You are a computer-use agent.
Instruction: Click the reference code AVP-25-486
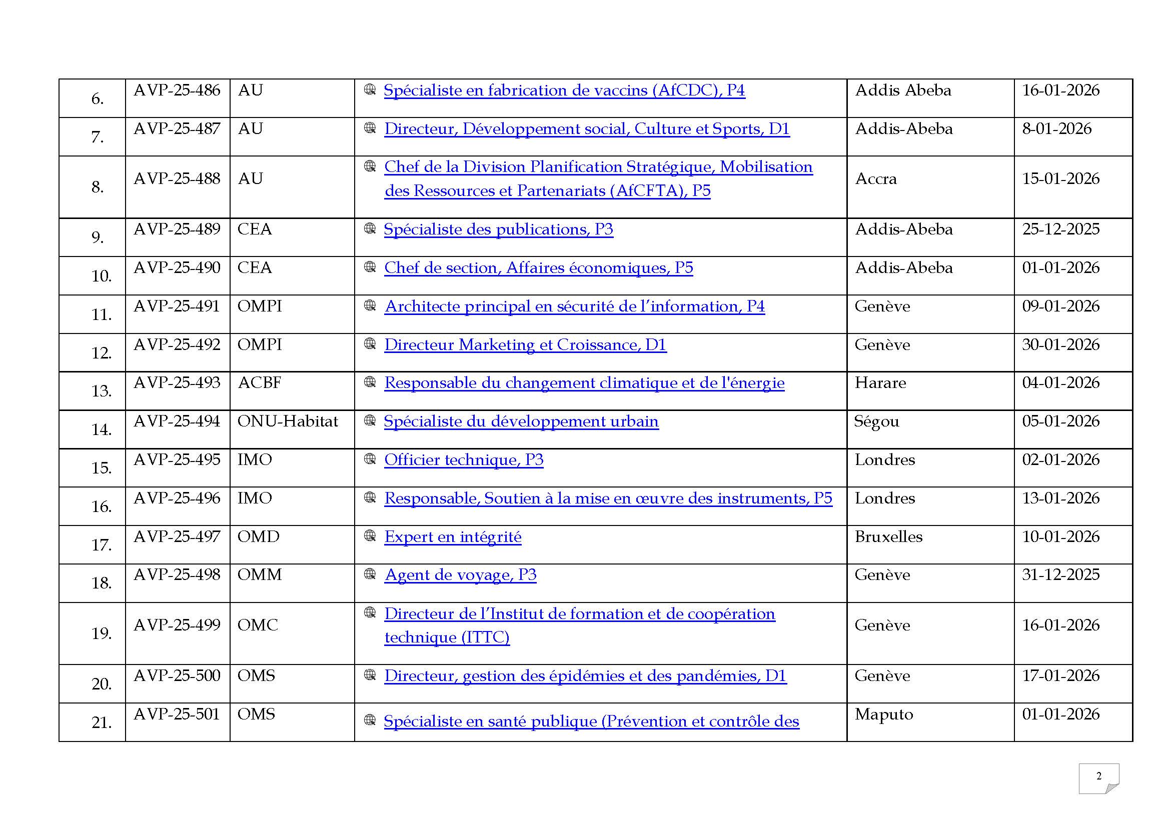tap(176, 90)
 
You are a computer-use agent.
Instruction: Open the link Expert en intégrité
tap(453, 537)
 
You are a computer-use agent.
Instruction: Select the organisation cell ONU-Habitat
tap(288, 421)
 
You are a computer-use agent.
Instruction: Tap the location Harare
tap(880, 383)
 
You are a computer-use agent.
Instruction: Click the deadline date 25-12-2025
tap(1060, 229)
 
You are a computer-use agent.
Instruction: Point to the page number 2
tap(1098, 776)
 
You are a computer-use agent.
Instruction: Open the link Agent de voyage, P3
tap(460, 575)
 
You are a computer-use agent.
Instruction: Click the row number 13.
tap(101, 391)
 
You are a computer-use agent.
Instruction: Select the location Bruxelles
tap(888, 536)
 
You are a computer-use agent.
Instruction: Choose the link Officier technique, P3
tap(464, 460)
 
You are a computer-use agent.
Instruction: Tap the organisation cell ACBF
tap(260, 383)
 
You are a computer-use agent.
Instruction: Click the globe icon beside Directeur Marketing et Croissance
tap(370, 343)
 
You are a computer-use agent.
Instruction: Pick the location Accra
tap(875, 178)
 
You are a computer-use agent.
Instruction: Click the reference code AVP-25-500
tap(176, 676)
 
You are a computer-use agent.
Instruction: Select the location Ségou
tap(876, 421)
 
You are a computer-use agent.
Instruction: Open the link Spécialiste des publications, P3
tap(498, 229)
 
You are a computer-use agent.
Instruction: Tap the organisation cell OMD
tap(258, 536)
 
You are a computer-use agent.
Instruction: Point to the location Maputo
tap(883, 714)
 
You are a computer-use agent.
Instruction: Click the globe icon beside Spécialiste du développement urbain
tap(370, 420)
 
